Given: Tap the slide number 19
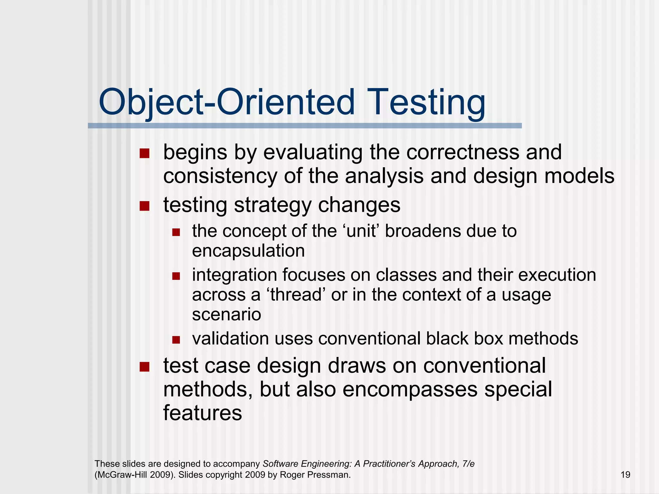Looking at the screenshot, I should (x=625, y=475).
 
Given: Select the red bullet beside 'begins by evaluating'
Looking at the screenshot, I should (x=144, y=153).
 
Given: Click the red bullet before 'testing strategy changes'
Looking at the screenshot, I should (x=144, y=206).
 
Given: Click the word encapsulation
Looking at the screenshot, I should (x=248, y=251).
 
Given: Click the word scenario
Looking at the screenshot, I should (x=226, y=314).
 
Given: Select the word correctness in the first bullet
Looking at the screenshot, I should (x=462, y=152).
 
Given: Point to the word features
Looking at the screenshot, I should (x=202, y=413).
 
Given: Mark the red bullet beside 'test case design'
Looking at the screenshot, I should (x=144, y=367).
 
